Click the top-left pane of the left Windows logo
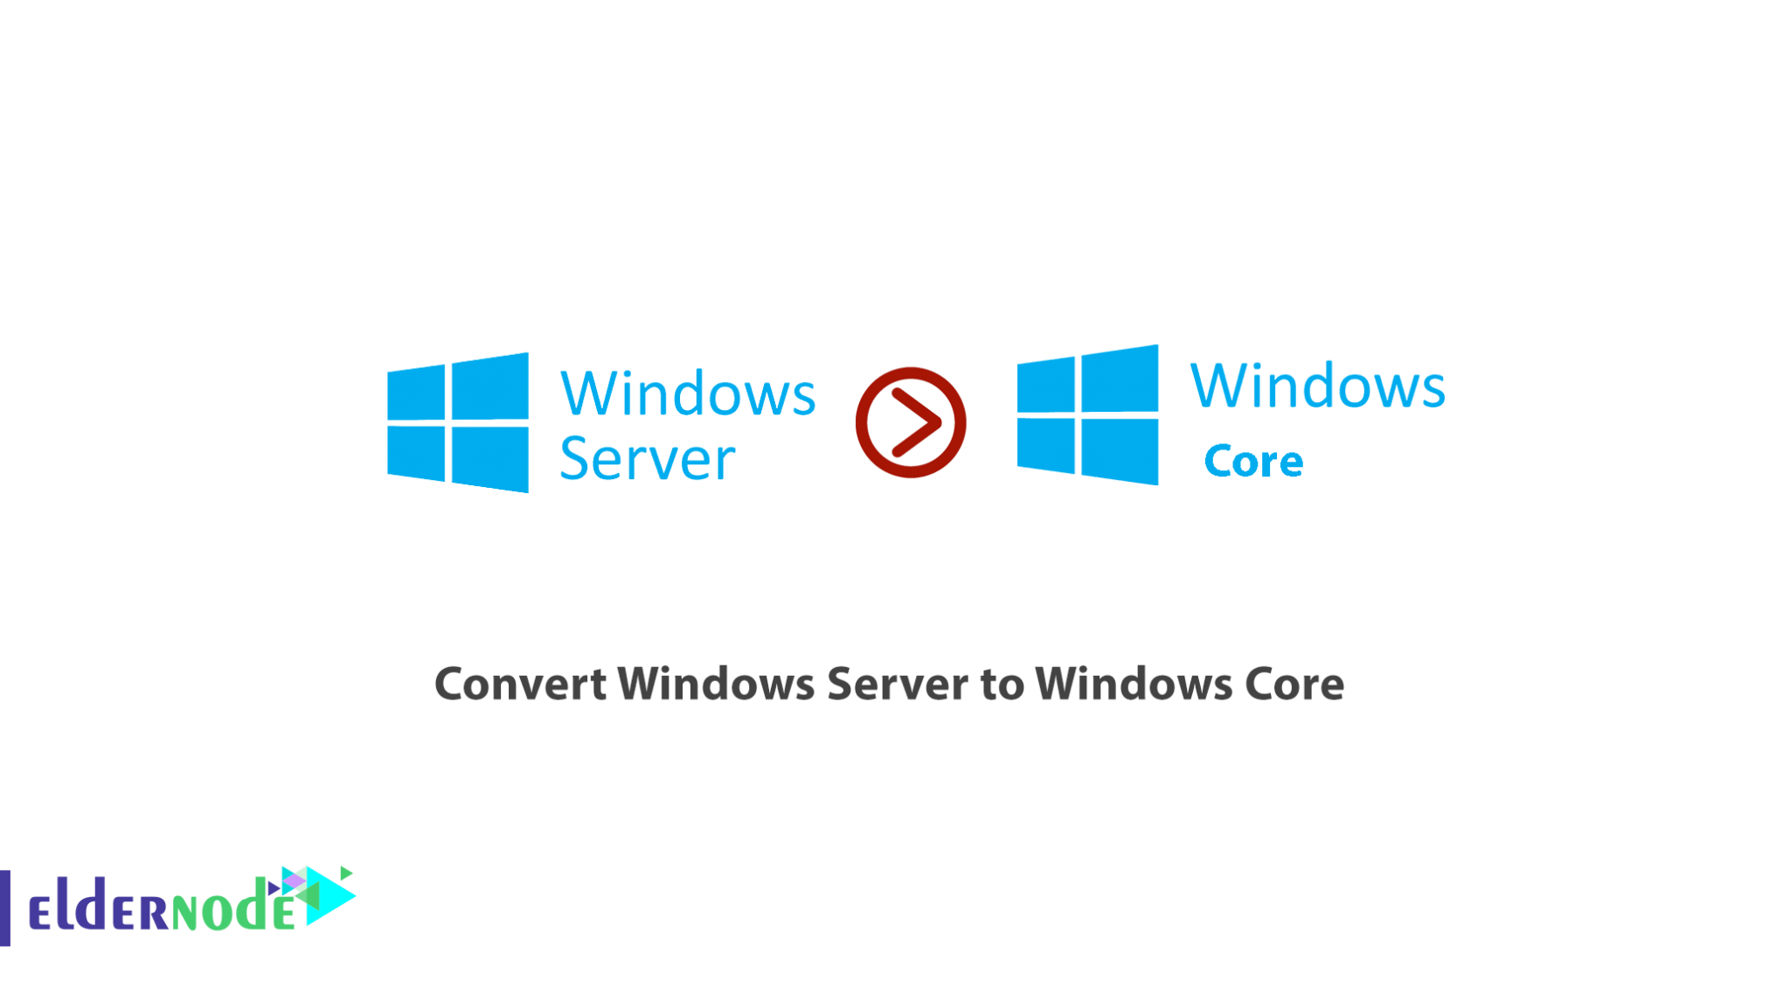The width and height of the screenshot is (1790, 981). pos(416,393)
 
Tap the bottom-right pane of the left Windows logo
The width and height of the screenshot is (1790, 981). pos(490,457)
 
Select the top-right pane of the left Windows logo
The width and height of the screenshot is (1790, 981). pos(490,386)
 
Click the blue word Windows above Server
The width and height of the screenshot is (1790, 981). pos(688,393)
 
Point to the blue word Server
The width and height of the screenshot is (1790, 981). pos(647,458)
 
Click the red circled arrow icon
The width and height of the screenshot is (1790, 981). pos(911,422)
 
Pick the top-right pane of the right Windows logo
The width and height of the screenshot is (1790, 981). pos(1120,379)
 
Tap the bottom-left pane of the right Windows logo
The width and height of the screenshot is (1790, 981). pos(1046,444)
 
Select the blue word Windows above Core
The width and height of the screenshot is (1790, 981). pos(1317,386)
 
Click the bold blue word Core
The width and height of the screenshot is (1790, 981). pos(1253,461)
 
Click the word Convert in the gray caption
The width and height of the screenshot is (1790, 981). pos(521,684)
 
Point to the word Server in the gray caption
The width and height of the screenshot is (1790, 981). pos(898,684)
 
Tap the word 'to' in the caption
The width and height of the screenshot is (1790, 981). pos(1002,685)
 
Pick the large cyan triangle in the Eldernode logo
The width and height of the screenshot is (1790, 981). pos(330,895)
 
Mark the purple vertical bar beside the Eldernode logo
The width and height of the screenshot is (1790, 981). pos(5,908)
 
